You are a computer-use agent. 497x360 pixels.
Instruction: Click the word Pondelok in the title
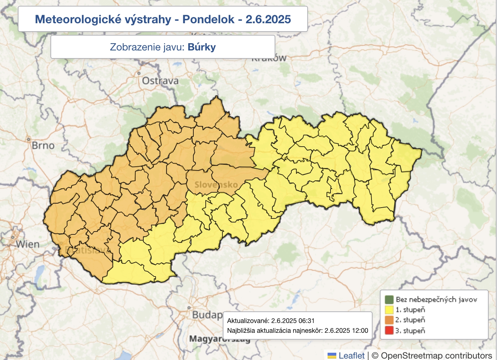click(208, 19)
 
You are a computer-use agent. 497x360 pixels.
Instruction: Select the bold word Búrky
click(202, 47)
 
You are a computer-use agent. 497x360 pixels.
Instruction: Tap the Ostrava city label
click(160, 81)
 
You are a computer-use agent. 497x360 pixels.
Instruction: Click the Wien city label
click(28, 244)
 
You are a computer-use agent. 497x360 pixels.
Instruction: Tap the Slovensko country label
click(216, 185)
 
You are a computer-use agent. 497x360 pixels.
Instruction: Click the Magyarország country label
click(219, 339)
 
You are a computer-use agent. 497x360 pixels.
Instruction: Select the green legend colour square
click(389, 299)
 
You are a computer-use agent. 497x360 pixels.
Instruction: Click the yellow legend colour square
click(389, 310)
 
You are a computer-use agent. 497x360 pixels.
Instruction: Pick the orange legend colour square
click(389, 320)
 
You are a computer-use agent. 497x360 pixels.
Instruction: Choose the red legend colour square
click(389, 331)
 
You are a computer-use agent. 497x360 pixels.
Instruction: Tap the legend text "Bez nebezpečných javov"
click(436, 299)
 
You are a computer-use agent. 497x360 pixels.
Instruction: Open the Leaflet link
click(351, 355)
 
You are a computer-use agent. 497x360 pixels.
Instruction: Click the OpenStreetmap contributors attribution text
click(436, 355)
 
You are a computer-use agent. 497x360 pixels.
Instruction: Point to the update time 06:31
click(307, 321)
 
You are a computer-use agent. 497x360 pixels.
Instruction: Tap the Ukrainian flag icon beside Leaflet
click(332, 356)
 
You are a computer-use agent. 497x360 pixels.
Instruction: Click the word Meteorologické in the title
click(103, 19)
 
